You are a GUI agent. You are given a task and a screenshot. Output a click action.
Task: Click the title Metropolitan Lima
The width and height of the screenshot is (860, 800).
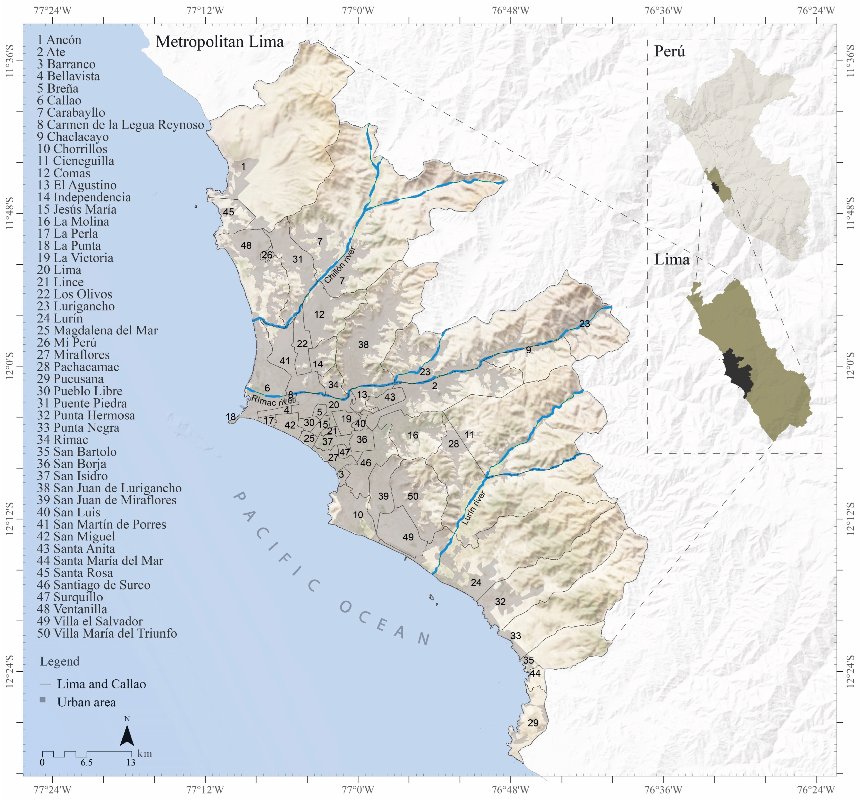click(x=219, y=42)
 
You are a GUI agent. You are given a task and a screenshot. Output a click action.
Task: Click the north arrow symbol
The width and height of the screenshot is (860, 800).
click(x=127, y=735)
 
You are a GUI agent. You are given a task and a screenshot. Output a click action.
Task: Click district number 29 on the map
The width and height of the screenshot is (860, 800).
click(x=533, y=723)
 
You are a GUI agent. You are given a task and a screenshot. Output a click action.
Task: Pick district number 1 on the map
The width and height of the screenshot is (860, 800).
click(x=243, y=166)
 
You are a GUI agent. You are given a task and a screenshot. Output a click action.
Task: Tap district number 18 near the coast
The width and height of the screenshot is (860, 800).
click(x=231, y=417)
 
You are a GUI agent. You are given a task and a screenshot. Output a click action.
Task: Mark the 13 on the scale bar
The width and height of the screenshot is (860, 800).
click(x=131, y=762)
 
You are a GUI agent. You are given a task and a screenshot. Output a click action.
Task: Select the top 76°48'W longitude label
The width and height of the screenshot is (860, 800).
click(x=510, y=10)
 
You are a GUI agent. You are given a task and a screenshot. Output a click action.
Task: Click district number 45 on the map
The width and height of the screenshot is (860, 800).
click(x=228, y=212)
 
